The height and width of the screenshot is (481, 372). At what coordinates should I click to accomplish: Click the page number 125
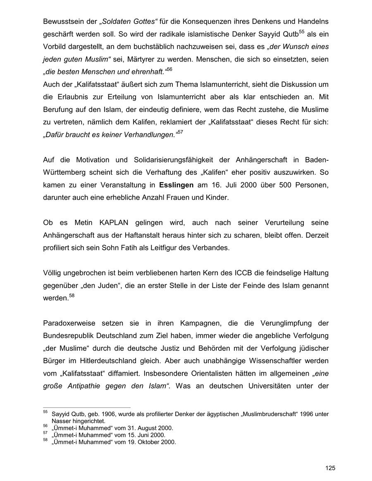[x=330, y=468]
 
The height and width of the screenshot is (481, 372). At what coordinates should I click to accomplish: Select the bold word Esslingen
[x=177, y=185]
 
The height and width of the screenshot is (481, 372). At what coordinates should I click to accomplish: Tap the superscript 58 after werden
[x=72, y=296]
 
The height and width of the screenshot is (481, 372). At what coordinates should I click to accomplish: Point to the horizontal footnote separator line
[x=86, y=407]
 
